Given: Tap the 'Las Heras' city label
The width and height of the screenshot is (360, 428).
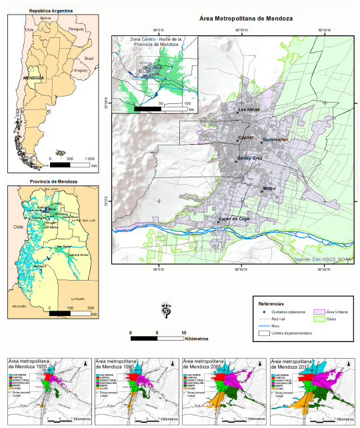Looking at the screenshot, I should click(x=248, y=109).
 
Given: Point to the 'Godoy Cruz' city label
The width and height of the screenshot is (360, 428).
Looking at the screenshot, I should click(x=250, y=158).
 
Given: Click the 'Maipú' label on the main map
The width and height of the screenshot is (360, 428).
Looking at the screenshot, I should click(x=269, y=189).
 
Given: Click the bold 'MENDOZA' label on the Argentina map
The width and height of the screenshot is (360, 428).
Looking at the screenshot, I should click(x=33, y=78).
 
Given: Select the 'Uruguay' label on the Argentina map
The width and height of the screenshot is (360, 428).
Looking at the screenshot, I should click(x=81, y=70).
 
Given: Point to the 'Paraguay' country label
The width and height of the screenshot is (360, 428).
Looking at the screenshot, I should click(x=77, y=30).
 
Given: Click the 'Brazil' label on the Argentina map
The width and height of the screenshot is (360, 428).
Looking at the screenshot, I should click(x=89, y=59).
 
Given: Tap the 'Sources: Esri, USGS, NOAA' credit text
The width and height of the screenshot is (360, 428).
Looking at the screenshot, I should click(x=321, y=257).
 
